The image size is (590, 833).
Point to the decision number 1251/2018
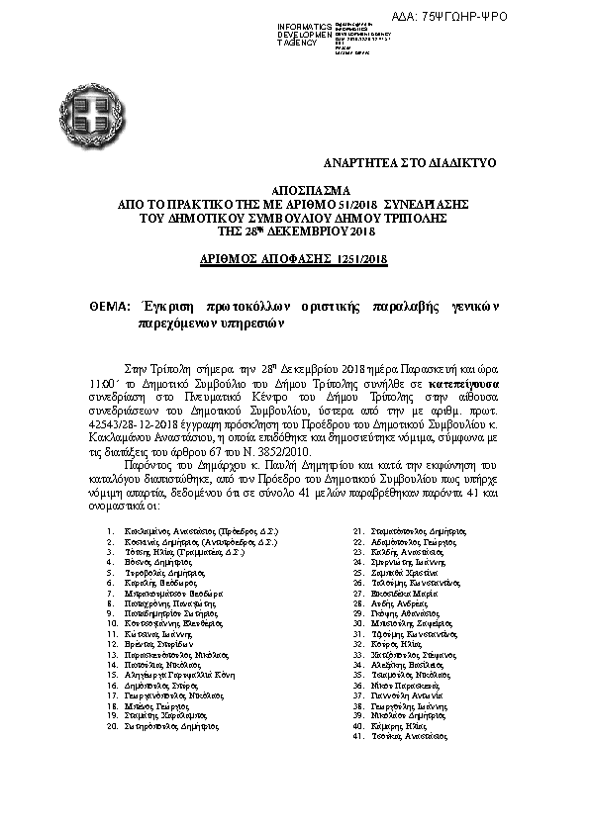pyautogui.click(x=362, y=258)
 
